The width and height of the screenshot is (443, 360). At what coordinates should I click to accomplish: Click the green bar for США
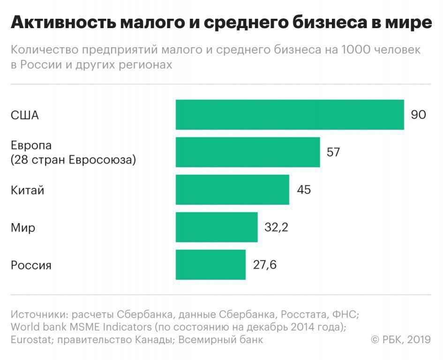click(290, 114)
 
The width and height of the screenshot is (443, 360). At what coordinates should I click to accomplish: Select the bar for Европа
click(248, 152)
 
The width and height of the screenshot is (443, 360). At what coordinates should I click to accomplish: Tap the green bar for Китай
click(232, 189)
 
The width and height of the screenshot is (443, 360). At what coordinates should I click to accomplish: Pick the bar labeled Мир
click(217, 227)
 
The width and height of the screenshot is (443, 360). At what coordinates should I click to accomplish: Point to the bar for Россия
click(210, 264)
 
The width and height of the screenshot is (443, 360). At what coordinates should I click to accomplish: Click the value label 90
click(418, 115)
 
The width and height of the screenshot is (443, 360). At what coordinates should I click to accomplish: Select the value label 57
click(333, 152)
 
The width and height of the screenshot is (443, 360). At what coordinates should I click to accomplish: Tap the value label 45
click(303, 190)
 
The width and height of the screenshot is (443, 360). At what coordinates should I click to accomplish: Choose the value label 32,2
click(276, 227)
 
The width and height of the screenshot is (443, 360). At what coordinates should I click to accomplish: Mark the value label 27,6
click(265, 265)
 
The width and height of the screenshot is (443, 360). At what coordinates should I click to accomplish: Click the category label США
click(24, 115)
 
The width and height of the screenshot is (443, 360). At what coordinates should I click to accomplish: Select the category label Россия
click(31, 265)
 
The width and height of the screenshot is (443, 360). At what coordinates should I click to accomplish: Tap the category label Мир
click(23, 228)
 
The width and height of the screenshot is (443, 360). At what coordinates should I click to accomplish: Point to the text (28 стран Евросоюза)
click(73, 160)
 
